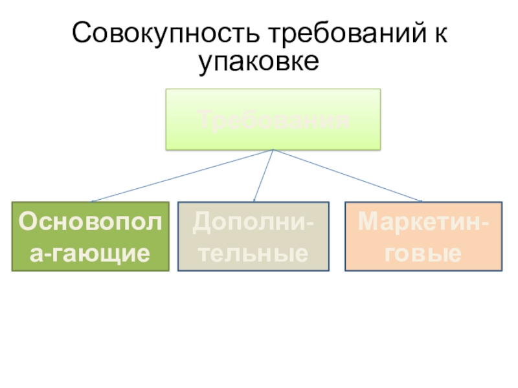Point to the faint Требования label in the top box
point(273,120)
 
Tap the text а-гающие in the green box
point(91,252)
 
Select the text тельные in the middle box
point(253,252)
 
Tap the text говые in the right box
point(423,252)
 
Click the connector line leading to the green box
point(181,175)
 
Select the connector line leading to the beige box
point(264,175)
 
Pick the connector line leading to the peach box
point(348,175)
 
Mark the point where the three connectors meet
point(273,150)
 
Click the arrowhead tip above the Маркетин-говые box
point(422,201)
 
